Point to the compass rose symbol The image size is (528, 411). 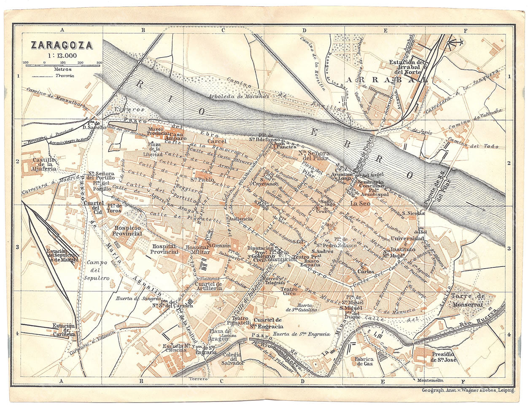pos(455,42)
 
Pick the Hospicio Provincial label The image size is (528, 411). pos(127,230)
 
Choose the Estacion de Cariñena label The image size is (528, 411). pos(64,330)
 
